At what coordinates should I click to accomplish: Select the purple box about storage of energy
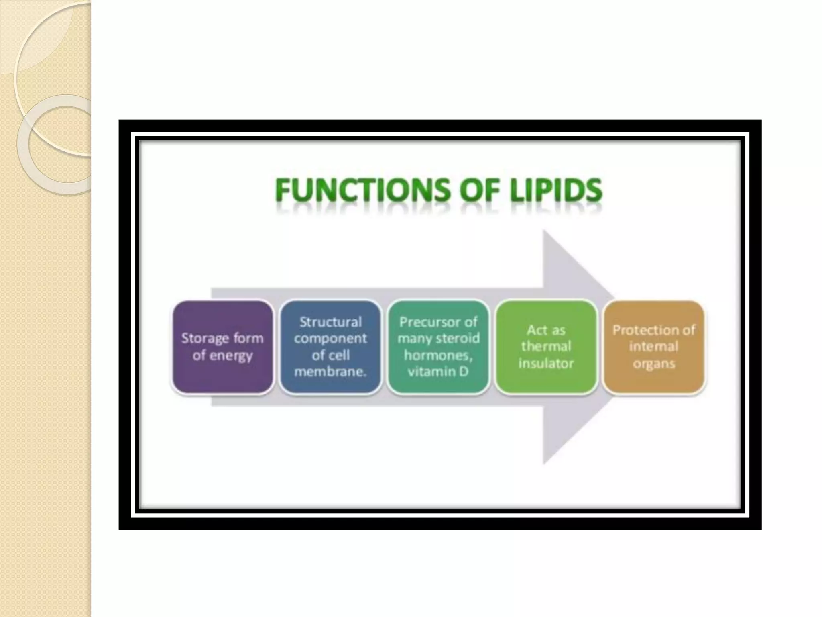click(x=222, y=347)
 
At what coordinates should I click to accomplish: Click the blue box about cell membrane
click(x=330, y=347)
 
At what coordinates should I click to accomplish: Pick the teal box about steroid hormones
click(x=438, y=347)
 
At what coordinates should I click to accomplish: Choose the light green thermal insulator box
click(x=546, y=347)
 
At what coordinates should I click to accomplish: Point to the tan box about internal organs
click(x=654, y=347)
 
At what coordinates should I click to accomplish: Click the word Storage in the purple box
click(x=203, y=339)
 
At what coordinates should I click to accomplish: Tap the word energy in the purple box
click(x=233, y=356)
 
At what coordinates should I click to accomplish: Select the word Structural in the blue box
click(x=330, y=322)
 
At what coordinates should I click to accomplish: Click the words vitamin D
click(x=438, y=372)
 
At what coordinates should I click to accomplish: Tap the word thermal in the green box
click(x=546, y=347)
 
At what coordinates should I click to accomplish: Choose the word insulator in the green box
click(x=546, y=364)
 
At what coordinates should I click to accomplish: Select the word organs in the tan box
click(x=654, y=364)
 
